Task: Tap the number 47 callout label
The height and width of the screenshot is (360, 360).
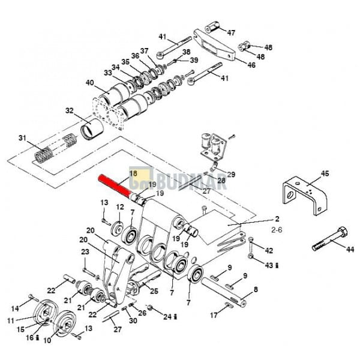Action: tap(231, 32)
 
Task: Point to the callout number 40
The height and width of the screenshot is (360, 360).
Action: tap(90, 82)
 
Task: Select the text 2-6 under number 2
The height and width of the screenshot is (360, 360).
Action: tap(277, 229)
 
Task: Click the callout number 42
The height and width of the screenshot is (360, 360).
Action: tap(269, 250)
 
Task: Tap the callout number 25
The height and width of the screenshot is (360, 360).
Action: tap(154, 291)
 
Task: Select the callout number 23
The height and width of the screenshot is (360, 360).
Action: tap(85, 252)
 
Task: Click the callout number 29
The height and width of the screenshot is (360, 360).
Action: tap(231, 175)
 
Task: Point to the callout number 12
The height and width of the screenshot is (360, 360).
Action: tap(120, 207)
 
